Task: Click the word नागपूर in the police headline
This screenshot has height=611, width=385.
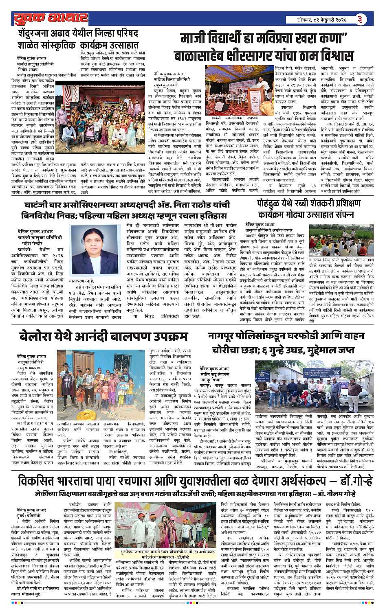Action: pyautogui.click(x=225, y=336)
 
